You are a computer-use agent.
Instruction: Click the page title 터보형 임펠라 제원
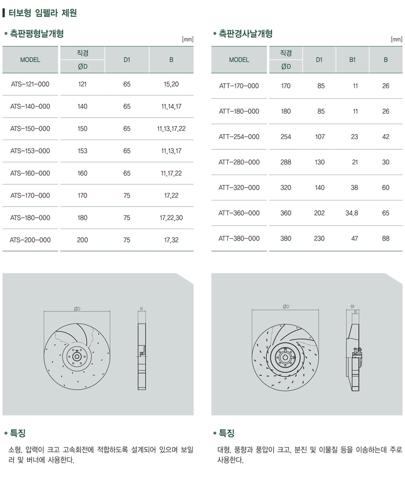click(43, 12)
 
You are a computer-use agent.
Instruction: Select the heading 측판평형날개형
click(37, 34)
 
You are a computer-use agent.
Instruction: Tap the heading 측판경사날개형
click(246, 34)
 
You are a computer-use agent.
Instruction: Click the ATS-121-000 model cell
click(30, 84)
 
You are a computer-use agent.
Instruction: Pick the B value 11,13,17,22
click(171, 129)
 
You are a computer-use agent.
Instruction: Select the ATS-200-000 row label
click(30, 240)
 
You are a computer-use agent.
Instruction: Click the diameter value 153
click(82, 151)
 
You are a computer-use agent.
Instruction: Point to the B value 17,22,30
click(171, 218)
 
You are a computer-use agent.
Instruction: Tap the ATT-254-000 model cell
click(239, 137)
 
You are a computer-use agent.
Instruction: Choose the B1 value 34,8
click(352, 213)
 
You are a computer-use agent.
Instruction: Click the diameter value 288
click(286, 162)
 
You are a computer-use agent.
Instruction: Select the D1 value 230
click(319, 238)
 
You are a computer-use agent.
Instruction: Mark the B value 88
click(386, 238)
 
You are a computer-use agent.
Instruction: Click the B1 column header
click(352, 60)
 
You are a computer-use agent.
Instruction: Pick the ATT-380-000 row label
click(239, 238)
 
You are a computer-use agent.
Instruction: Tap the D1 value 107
click(319, 137)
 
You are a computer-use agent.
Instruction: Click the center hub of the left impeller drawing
click(76, 356)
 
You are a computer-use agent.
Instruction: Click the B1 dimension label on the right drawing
click(353, 307)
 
